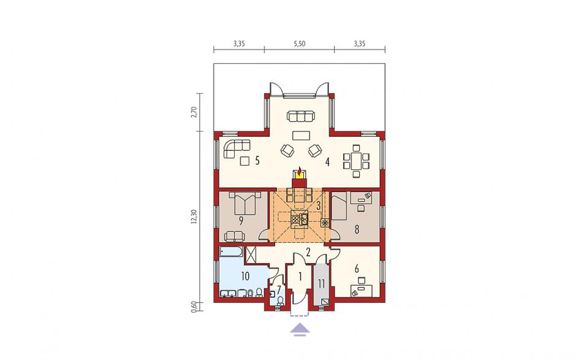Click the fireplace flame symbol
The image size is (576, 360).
[300, 172]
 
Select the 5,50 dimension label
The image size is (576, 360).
[299, 44]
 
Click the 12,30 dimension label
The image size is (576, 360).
[194, 216]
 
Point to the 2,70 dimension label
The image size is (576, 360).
[194, 112]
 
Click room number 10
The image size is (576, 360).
[245, 275]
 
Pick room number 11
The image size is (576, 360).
[322, 283]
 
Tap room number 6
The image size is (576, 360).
[357, 269]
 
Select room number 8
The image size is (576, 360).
[357, 229]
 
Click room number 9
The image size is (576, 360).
[241, 221]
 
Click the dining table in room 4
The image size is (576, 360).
[355, 161]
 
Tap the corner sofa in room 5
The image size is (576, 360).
[235, 148]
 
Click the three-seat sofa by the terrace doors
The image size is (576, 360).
[301, 116]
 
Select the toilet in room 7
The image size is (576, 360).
[281, 301]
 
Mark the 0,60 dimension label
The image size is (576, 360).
[194, 306]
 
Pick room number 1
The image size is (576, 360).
[300, 276]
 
